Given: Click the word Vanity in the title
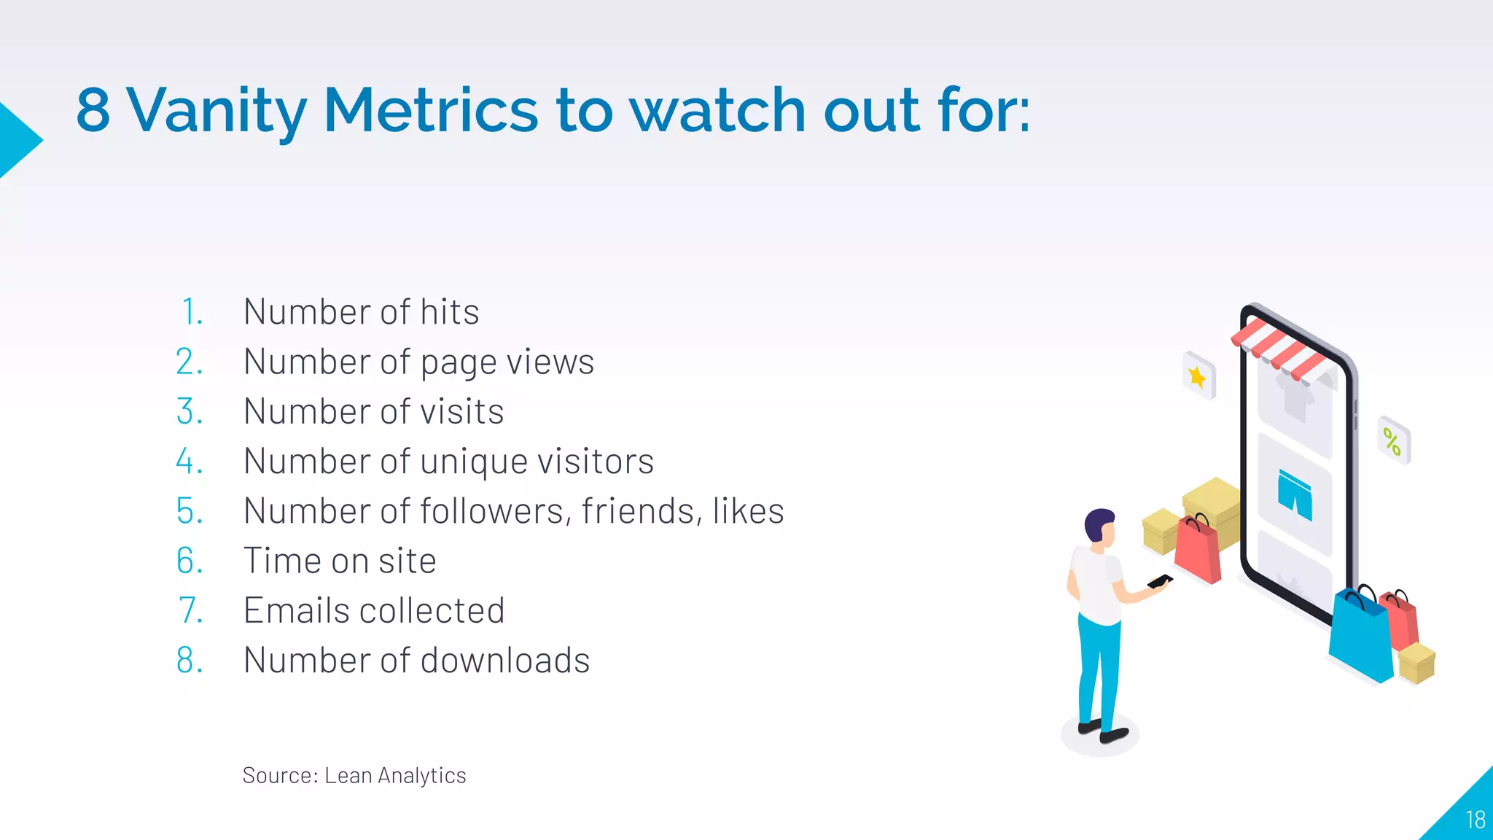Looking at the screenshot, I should click(x=217, y=111).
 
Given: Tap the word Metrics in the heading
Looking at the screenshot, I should click(x=430, y=111).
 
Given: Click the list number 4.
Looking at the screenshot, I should click(x=189, y=462).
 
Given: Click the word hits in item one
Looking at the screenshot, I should click(x=449, y=312).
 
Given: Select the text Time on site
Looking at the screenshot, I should click(x=340, y=561).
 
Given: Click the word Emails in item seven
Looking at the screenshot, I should click(x=295, y=611).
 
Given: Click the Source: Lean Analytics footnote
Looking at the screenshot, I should click(x=354, y=775).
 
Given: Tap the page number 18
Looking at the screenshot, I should click(x=1475, y=820).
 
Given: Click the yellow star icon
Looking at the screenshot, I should click(x=1198, y=377).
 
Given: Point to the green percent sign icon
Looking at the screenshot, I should click(x=1392, y=441).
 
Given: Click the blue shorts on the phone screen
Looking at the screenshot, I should click(x=1295, y=494).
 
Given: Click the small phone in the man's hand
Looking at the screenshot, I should click(x=1159, y=581).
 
